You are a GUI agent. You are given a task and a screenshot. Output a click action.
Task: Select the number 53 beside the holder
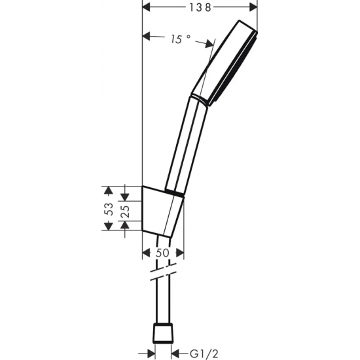110,209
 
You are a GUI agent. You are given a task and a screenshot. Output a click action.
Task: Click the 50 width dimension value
162,253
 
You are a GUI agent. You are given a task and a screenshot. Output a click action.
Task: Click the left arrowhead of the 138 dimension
147,8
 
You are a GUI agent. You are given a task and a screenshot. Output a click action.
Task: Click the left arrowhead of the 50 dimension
145,253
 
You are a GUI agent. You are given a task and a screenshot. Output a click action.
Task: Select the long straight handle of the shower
187,144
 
